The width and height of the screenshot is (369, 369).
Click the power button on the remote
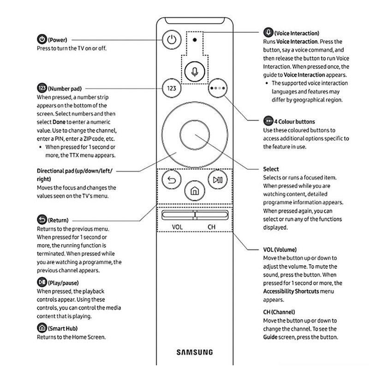point(172,40)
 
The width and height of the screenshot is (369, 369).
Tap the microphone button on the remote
point(195,71)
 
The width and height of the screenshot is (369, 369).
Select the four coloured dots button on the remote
point(218,87)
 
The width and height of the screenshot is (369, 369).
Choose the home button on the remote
point(195,190)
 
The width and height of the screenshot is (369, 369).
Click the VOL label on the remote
point(178,227)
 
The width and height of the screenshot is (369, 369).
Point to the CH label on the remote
point(211,227)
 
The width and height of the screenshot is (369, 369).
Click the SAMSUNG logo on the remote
point(195,352)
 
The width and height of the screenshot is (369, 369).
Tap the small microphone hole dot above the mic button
point(195,40)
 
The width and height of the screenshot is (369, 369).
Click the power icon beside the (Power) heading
point(41,40)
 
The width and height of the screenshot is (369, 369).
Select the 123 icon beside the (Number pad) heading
point(41,88)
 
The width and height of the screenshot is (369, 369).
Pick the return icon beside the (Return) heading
point(41,220)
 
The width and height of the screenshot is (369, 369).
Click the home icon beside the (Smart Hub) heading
point(41,328)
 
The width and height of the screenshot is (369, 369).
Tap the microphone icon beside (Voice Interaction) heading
point(268,33)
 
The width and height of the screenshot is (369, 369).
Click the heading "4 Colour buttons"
point(295,122)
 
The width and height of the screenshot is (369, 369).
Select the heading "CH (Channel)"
point(279,312)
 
